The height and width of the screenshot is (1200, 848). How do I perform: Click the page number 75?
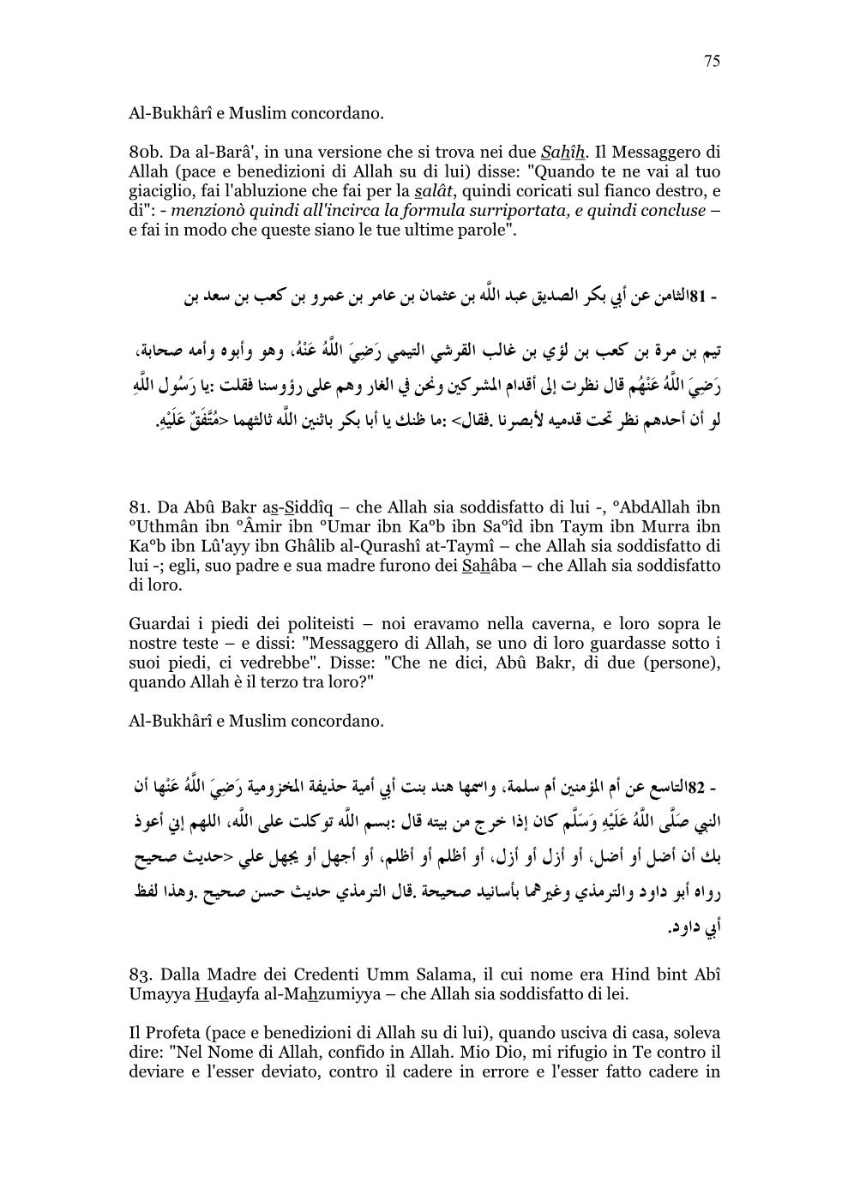[x=712, y=60]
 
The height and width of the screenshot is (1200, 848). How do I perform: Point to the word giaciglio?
[x=161, y=191]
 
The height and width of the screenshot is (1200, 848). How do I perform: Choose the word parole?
[x=485, y=229]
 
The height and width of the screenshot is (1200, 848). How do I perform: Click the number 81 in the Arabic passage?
[x=697, y=299]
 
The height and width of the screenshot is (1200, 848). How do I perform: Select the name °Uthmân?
[x=160, y=527]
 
